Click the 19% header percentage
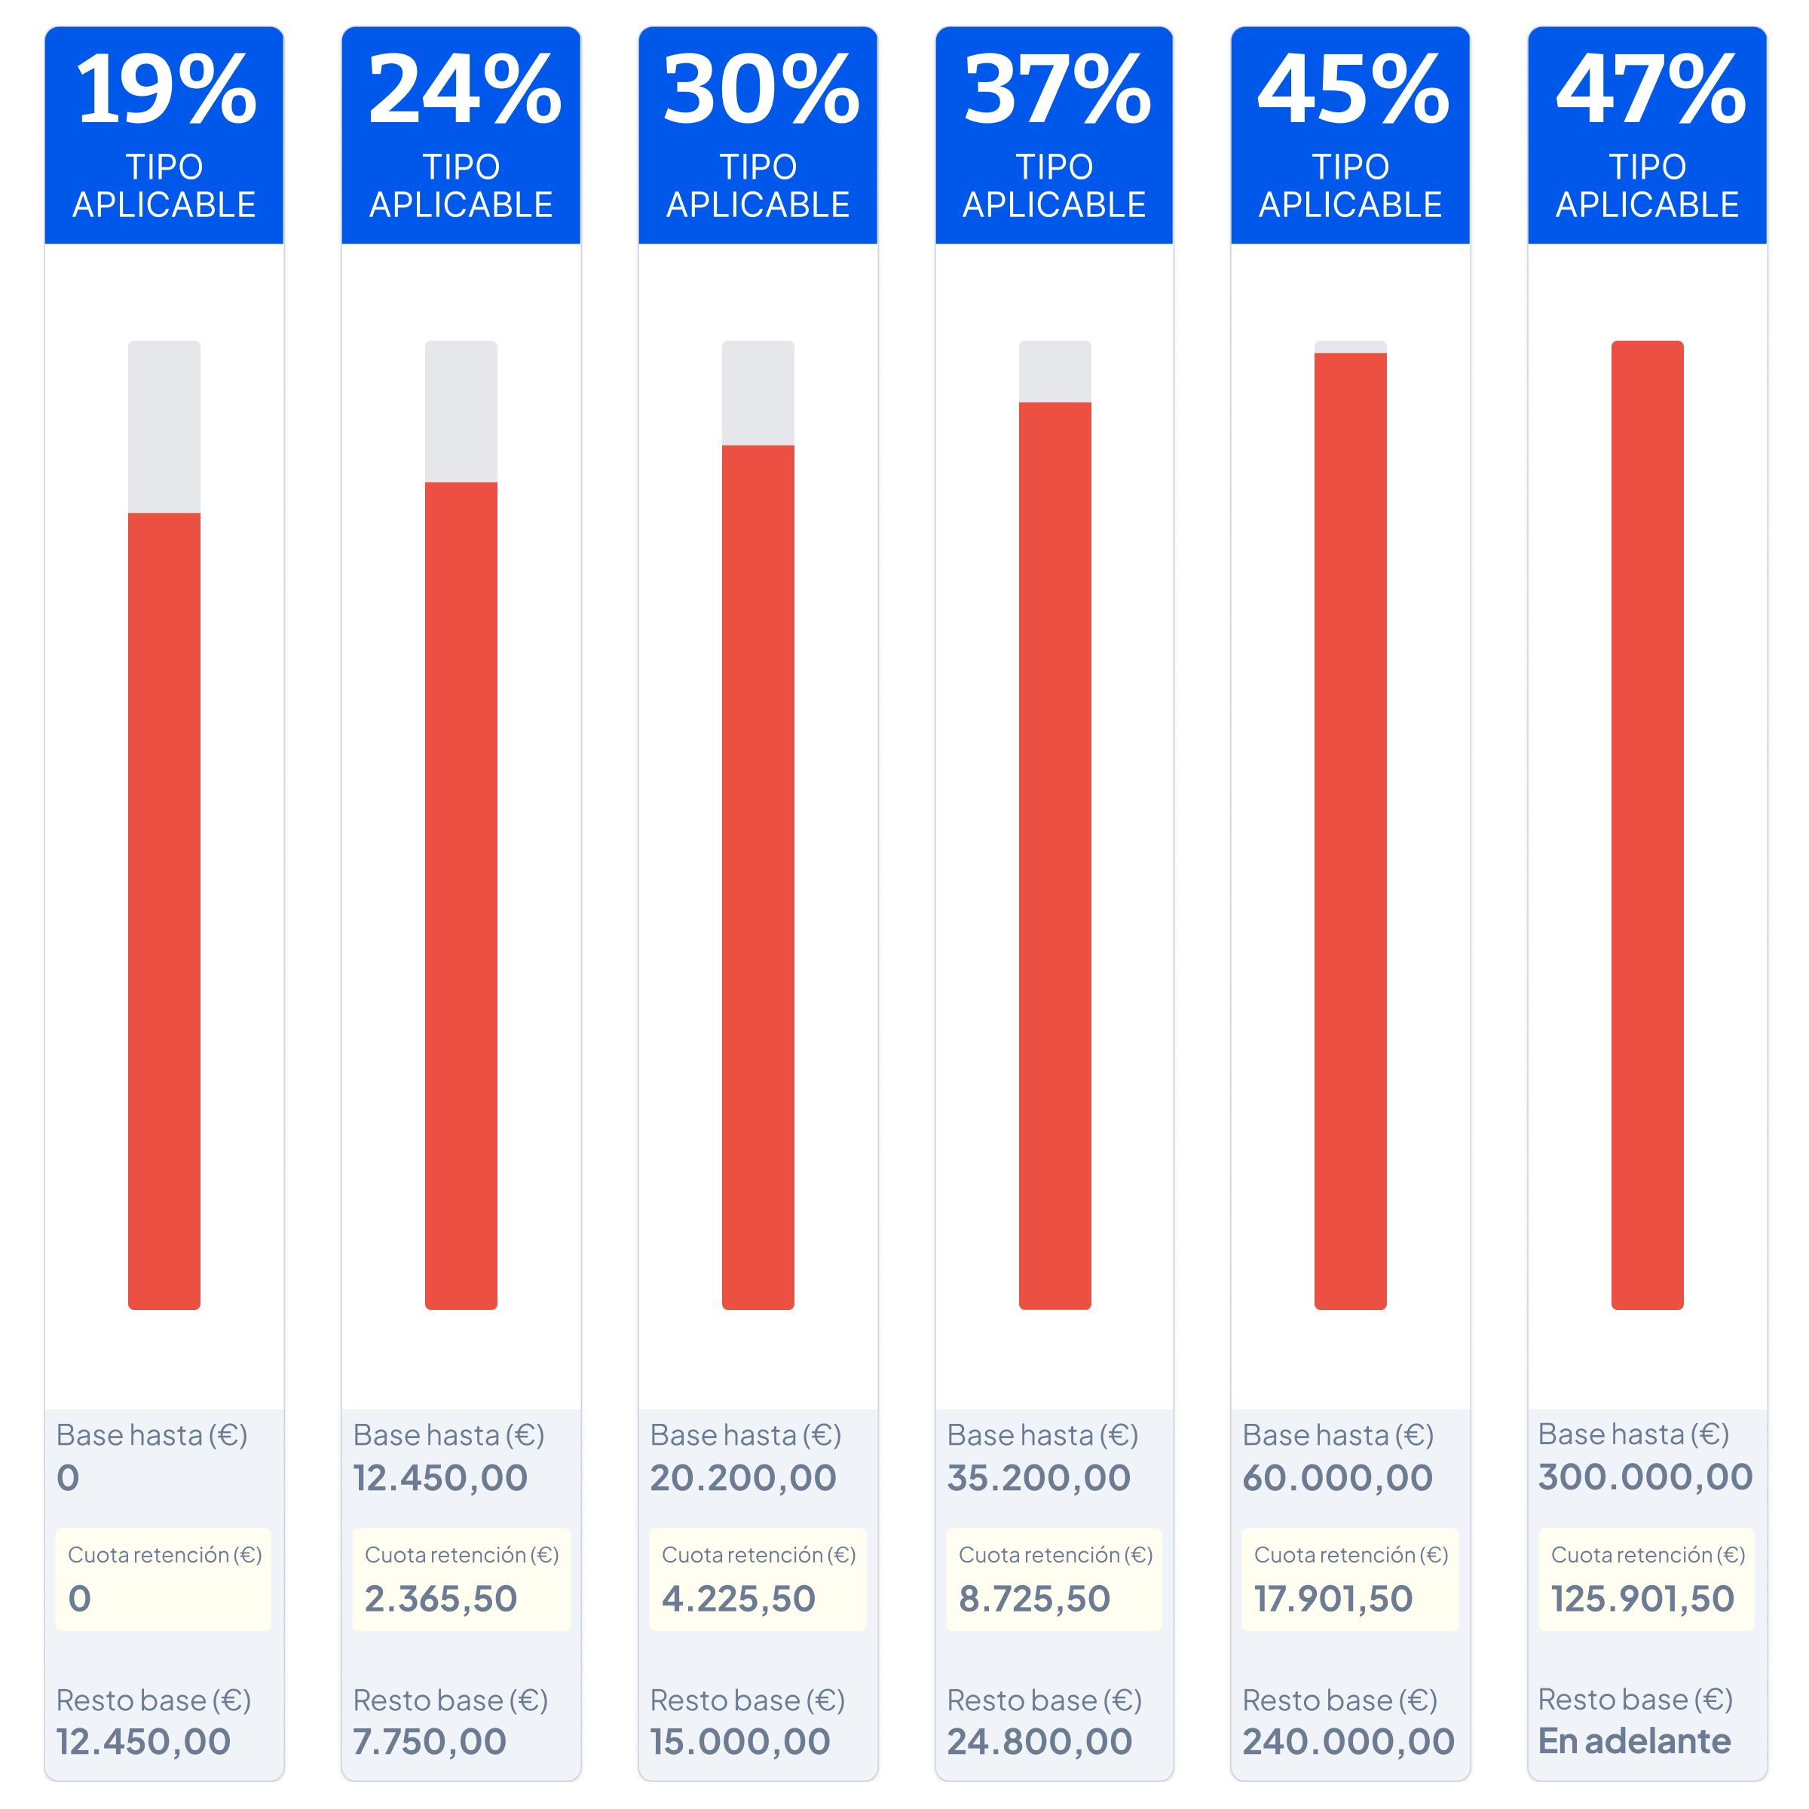[x=166, y=90]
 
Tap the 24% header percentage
[x=464, y=90]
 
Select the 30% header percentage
[x=761, y=90]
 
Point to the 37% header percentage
[x=1056, y=90]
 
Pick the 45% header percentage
[x=1352, y=90]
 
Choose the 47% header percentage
[x=1650, y=90]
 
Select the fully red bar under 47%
[x=1647, y=824]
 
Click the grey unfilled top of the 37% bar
[x=1054, y=372]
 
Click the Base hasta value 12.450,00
[x=440, y=1478]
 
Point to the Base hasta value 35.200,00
[x=1039, y=1478]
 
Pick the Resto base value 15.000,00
[x=739, y=1742]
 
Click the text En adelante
[x=1634, y=1740]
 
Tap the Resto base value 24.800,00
[x=1039, y=1742]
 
